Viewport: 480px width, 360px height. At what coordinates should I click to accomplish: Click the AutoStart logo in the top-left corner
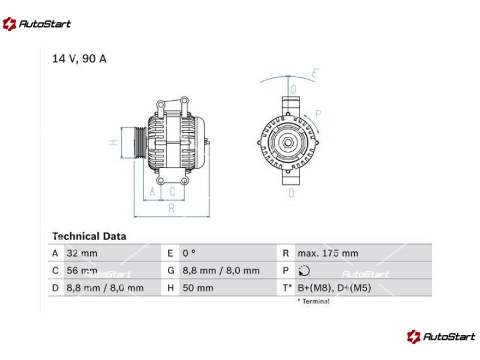click(37, 24)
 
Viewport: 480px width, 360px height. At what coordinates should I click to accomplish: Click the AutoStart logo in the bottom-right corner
click(441, 337)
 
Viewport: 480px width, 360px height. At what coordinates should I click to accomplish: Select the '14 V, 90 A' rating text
click(79, 58)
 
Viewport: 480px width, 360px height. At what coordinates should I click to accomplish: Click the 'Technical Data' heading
click(89, 236)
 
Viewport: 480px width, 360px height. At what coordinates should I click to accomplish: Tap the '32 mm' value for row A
click(82, 253)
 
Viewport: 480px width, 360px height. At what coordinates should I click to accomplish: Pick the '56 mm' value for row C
click(82, 271)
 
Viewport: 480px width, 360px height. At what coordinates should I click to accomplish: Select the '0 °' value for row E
click(189, 253)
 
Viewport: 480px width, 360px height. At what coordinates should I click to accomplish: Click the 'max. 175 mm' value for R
click(328, 253)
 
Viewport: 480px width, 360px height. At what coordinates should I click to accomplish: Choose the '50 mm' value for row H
click(198, 288)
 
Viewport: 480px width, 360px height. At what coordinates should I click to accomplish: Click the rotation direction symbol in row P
click(304, 271)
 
